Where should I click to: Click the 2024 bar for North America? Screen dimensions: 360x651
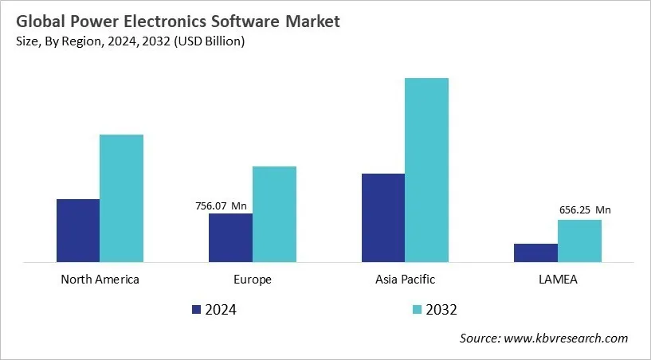(78, 230)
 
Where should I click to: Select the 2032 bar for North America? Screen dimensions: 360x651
(121, 198)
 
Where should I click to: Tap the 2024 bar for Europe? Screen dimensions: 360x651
(230, 237)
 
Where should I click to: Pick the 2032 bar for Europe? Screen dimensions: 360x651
(274, 213)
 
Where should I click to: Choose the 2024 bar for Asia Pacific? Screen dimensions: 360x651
(382, 217)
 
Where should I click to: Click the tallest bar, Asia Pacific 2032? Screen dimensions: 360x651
(426, 170)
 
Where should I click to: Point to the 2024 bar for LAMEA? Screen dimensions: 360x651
(535, 252)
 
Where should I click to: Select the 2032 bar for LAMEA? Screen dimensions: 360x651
(579, 241)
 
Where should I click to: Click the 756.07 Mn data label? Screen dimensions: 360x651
(221, 206)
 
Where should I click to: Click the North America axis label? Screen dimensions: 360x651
(100, 280)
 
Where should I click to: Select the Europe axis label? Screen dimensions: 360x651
(253, 280)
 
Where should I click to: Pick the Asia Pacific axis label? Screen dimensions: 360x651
(405, 280)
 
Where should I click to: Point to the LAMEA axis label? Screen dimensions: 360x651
(558, 280)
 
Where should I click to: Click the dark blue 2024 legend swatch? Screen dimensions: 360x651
(196, 310)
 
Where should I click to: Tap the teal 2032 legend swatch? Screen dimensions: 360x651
(417, 310)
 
